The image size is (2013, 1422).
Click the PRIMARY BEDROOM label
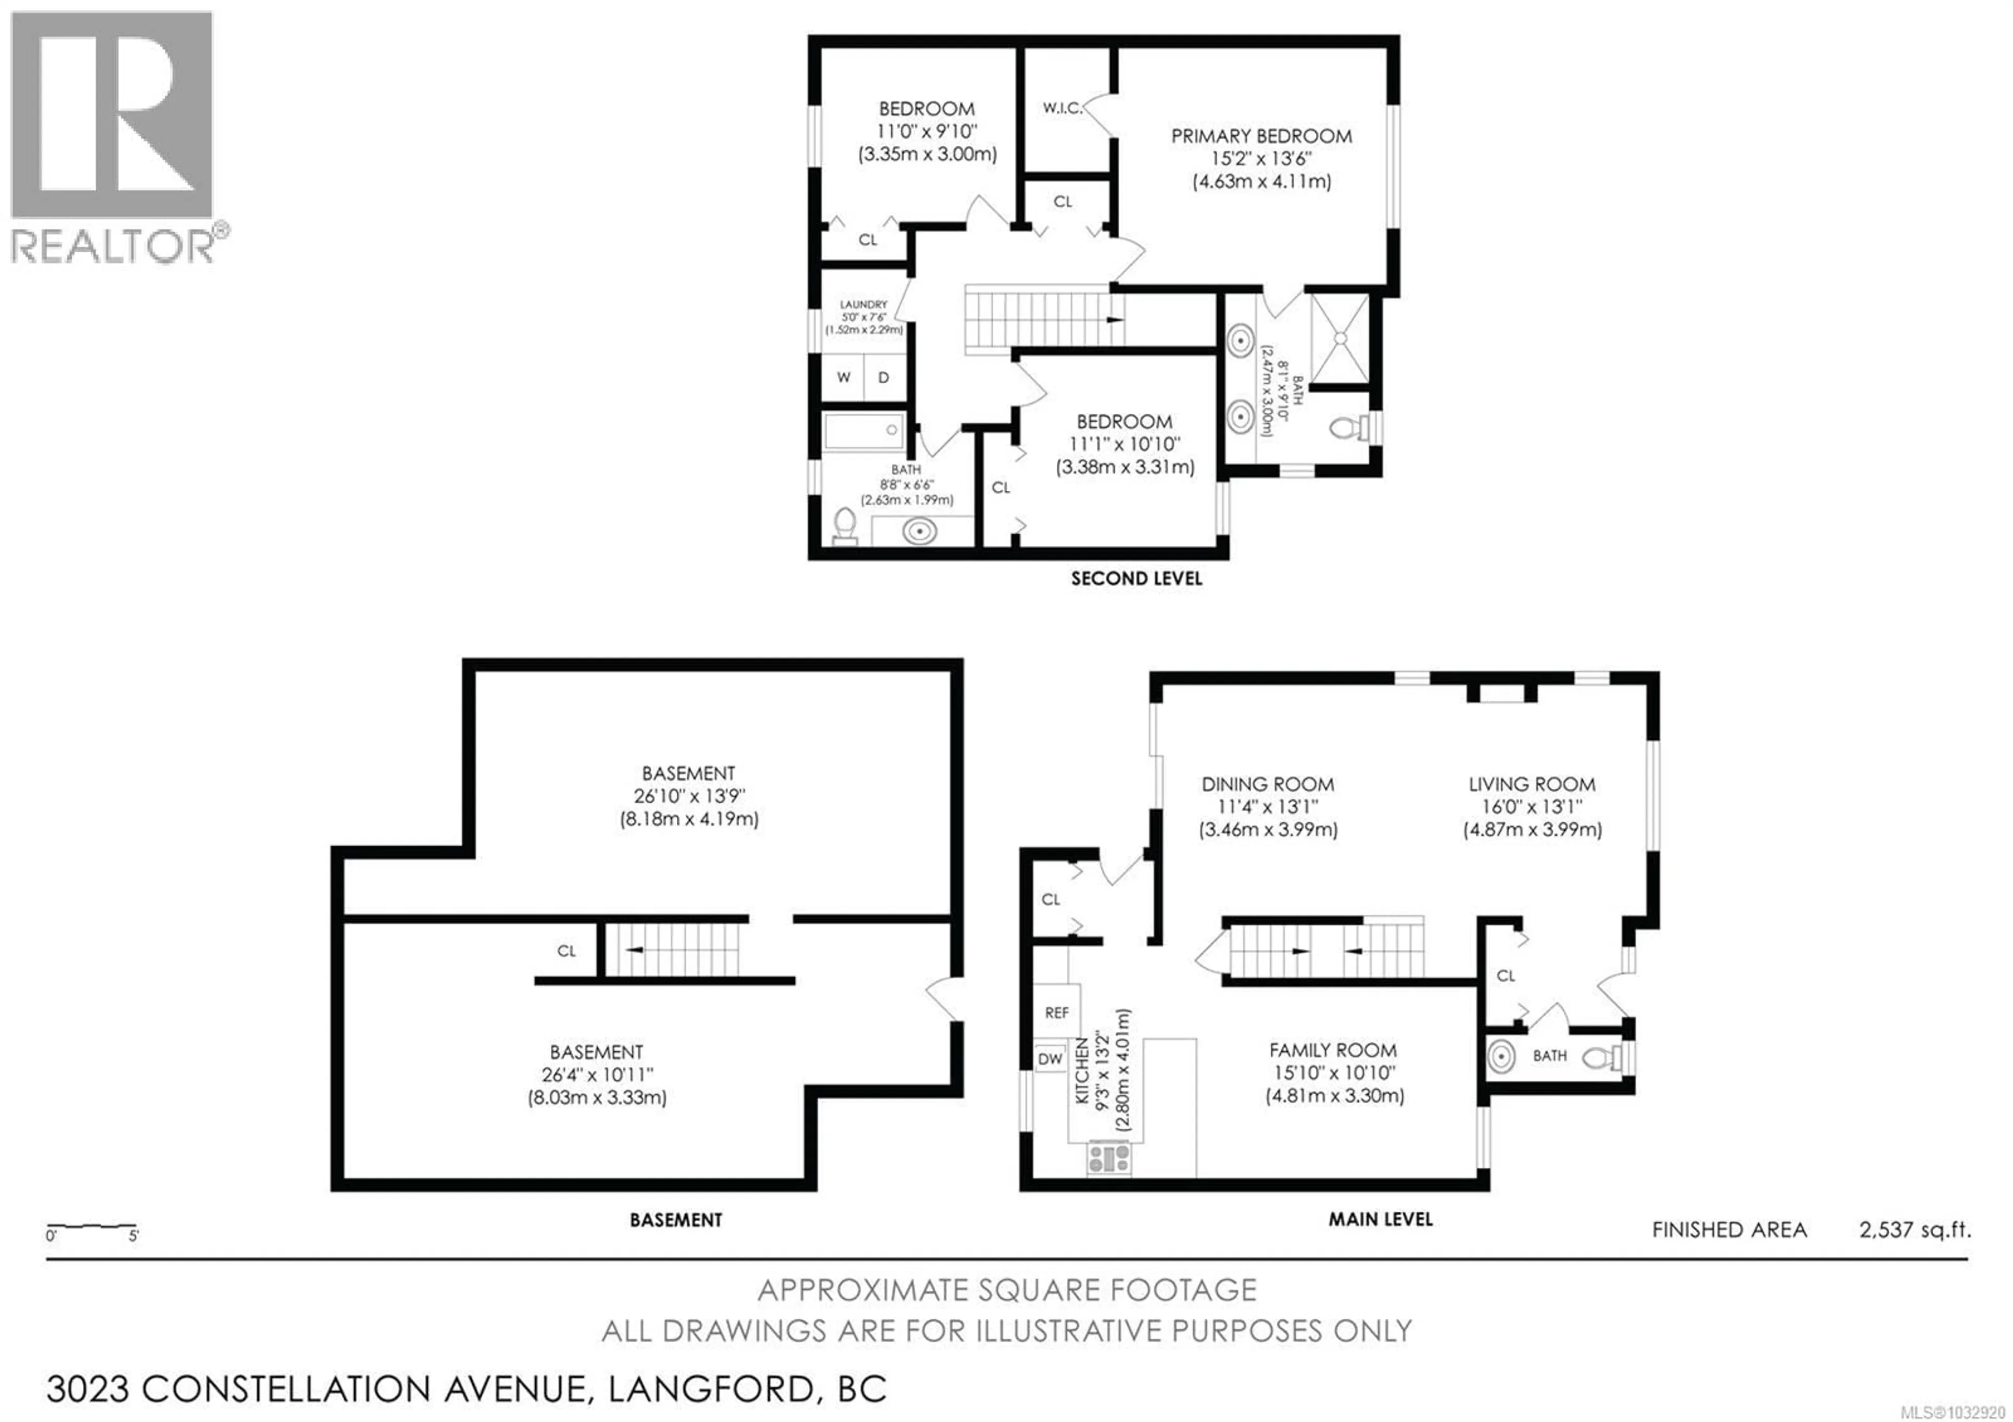coord(1261,136)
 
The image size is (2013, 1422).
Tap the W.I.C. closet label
coord(1062,109)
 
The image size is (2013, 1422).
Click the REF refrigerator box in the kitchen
coord(1056,1012)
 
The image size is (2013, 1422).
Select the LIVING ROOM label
coord(1532,784)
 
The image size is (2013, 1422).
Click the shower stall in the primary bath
coord(1339,338)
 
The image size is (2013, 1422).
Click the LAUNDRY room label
coord(863,304)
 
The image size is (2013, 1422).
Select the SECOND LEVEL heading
coord(1137,579)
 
